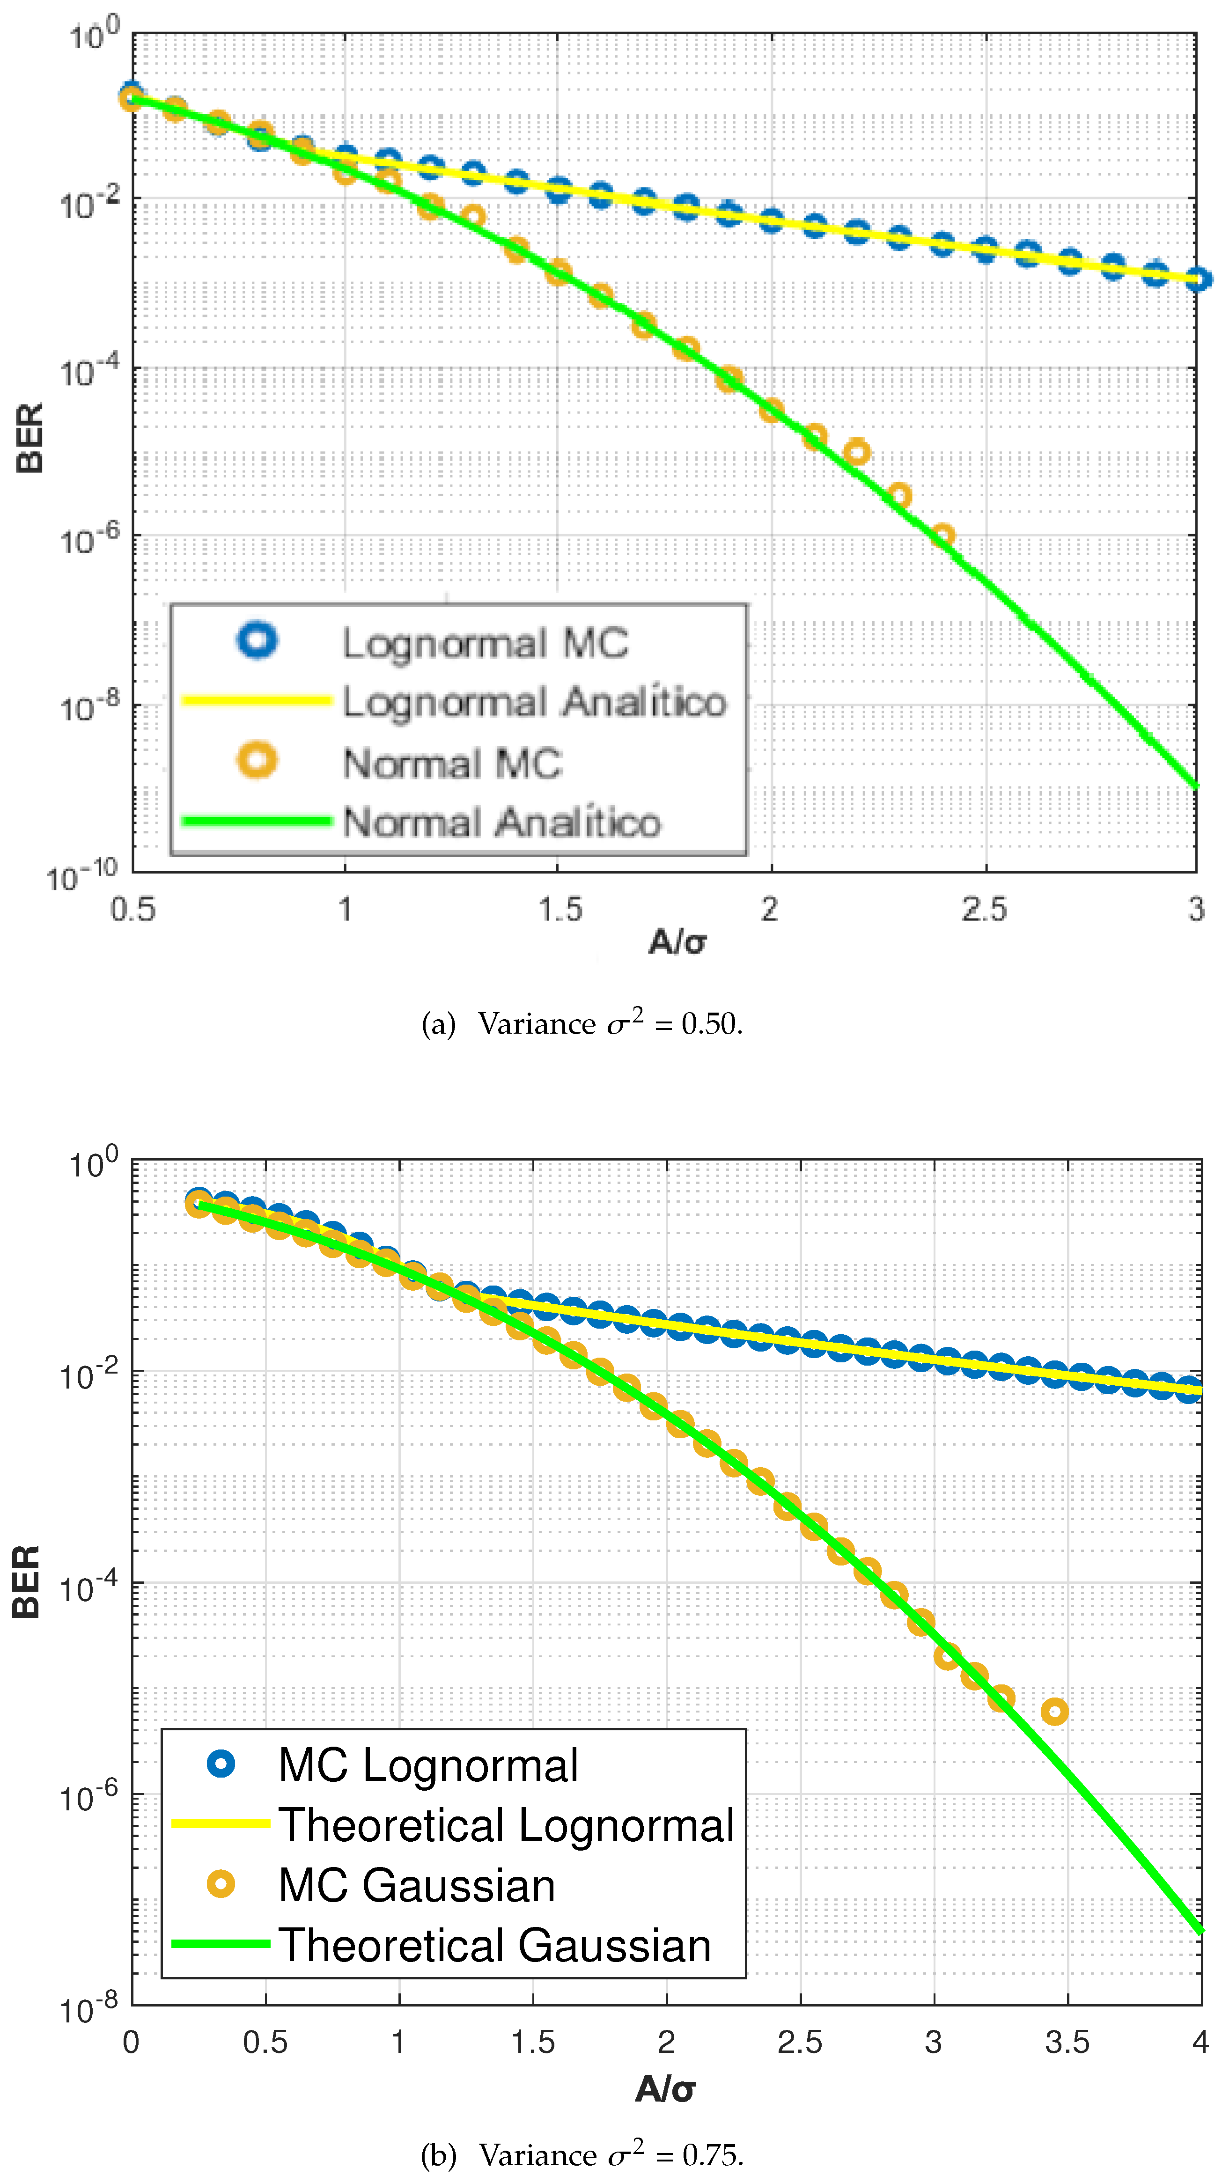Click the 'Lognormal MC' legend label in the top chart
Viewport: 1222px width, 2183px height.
(485, 643)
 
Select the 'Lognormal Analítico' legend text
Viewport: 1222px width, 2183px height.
(534, 703)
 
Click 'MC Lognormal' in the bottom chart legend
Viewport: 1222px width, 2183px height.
(428, 1765)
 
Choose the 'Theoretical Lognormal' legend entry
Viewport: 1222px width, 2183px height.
(506, 1824)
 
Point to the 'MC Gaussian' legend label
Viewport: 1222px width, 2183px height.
(417, 1886)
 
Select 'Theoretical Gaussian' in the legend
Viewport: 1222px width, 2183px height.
(495, 1945)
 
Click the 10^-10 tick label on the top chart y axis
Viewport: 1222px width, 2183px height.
(82, 874)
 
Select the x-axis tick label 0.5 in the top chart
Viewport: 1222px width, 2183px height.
(133, 909)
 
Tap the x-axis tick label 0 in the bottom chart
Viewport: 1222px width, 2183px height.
(132, 2043)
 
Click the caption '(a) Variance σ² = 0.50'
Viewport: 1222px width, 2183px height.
(582, 1024)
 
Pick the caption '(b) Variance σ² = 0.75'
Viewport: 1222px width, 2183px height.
(582, 2154)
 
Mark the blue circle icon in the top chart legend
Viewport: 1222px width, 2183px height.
(257, 640)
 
